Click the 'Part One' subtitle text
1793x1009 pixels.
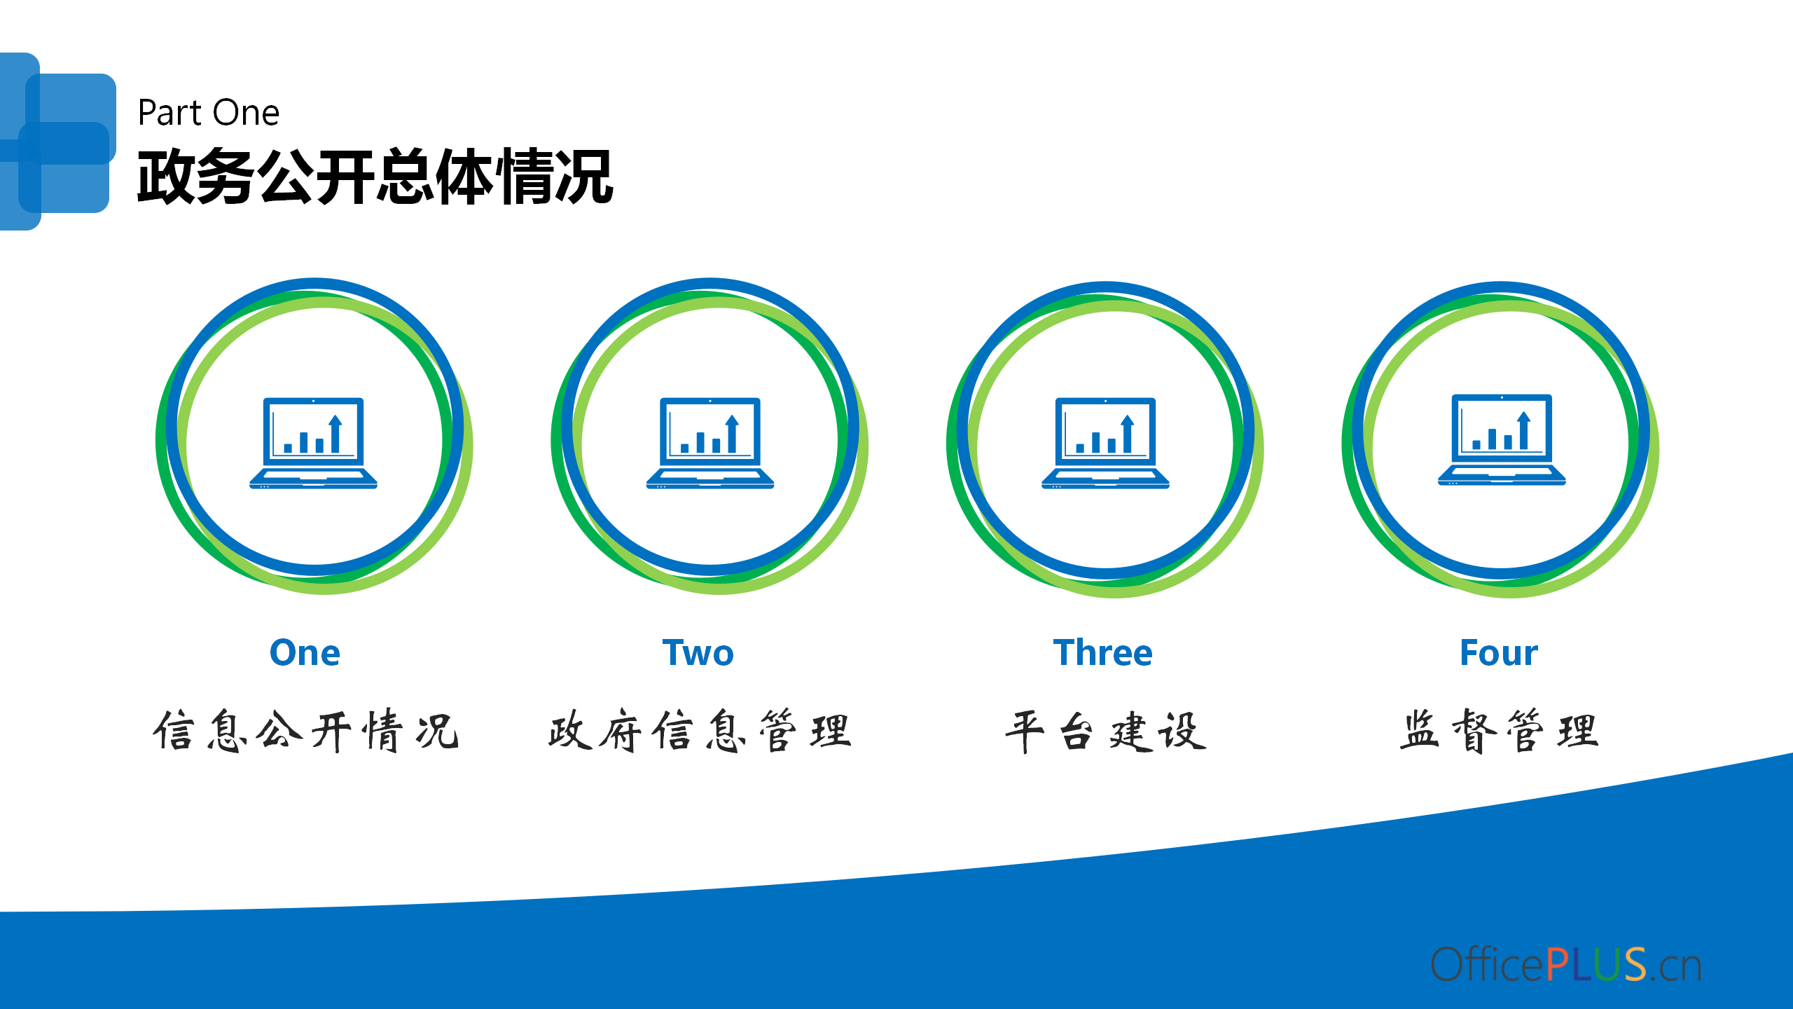[x=209, y=113]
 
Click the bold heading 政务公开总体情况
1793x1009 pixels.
[x=375, y=177]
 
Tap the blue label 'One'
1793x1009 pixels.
[x=305, y=653]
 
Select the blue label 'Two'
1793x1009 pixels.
[x=698, y=653]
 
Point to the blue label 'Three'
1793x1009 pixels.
[x=1103, y=653]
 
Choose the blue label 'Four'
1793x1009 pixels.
[x=1499, y=653]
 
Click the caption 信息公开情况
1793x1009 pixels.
[x=306, y=731]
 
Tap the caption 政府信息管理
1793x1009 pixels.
[x=700, y=731]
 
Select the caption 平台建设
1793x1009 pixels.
[x=1105, y=731]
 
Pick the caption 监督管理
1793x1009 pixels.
[x=1499, y=731]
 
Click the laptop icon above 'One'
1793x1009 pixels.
[x=313, y=443]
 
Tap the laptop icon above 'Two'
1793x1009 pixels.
[x=710, y=443]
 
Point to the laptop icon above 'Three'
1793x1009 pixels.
[x=1105, y=443]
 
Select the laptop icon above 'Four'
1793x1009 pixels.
[x=1502, y=440]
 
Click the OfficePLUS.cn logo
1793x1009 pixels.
[x=1566, y=964]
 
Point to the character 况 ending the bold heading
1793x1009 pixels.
[x=584, y=177]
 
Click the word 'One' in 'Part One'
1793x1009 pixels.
[x=246, y=113]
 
